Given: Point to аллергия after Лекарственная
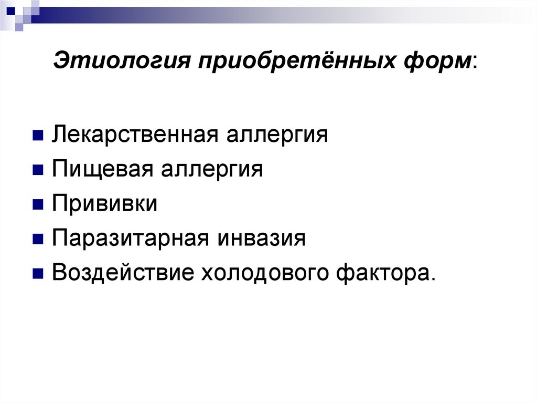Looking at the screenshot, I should point(277,135).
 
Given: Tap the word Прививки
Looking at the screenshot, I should point(104,204).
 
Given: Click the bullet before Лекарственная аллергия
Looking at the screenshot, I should point(37,136).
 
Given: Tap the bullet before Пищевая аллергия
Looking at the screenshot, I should point(37,170).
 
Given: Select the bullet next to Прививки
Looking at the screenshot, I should point(37,205).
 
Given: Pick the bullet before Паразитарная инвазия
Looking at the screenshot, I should point(37,240).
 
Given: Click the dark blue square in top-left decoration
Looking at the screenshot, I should point(10,9).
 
